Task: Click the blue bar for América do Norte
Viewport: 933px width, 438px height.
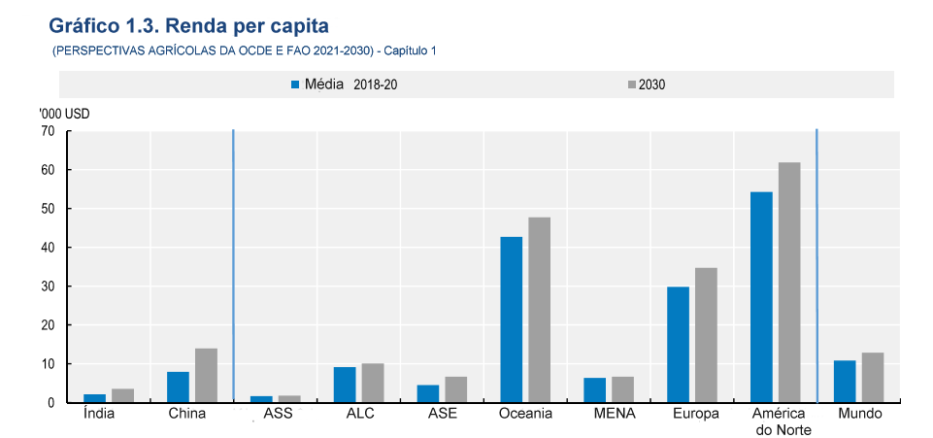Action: click(761, 297)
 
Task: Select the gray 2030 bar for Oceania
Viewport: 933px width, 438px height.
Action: click(539, 310)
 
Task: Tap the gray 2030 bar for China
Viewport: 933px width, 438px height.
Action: click(206, 376)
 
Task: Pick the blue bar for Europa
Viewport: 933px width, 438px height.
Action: click(678, 345)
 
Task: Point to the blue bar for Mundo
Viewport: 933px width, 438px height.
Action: click(845, 382)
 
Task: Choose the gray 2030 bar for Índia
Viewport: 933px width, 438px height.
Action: click(122, 395)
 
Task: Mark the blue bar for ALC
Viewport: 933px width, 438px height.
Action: click(345, 385)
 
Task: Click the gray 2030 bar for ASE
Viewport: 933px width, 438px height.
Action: click(455, 389)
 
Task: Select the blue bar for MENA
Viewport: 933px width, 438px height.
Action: click(594, 390)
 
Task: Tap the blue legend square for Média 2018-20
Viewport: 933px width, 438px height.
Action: click(295, 85)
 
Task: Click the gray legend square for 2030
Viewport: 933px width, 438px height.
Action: click(632, 85)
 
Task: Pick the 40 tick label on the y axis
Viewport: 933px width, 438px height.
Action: click(48, 248)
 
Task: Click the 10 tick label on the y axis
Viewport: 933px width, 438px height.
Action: click(48, 364)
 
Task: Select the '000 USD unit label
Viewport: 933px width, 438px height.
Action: click(64, 115)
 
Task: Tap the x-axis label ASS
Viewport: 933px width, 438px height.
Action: click(279, 414)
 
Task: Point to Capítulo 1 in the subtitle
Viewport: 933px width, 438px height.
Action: click(410, 51)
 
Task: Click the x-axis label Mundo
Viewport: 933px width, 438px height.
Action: click(860, 414)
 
